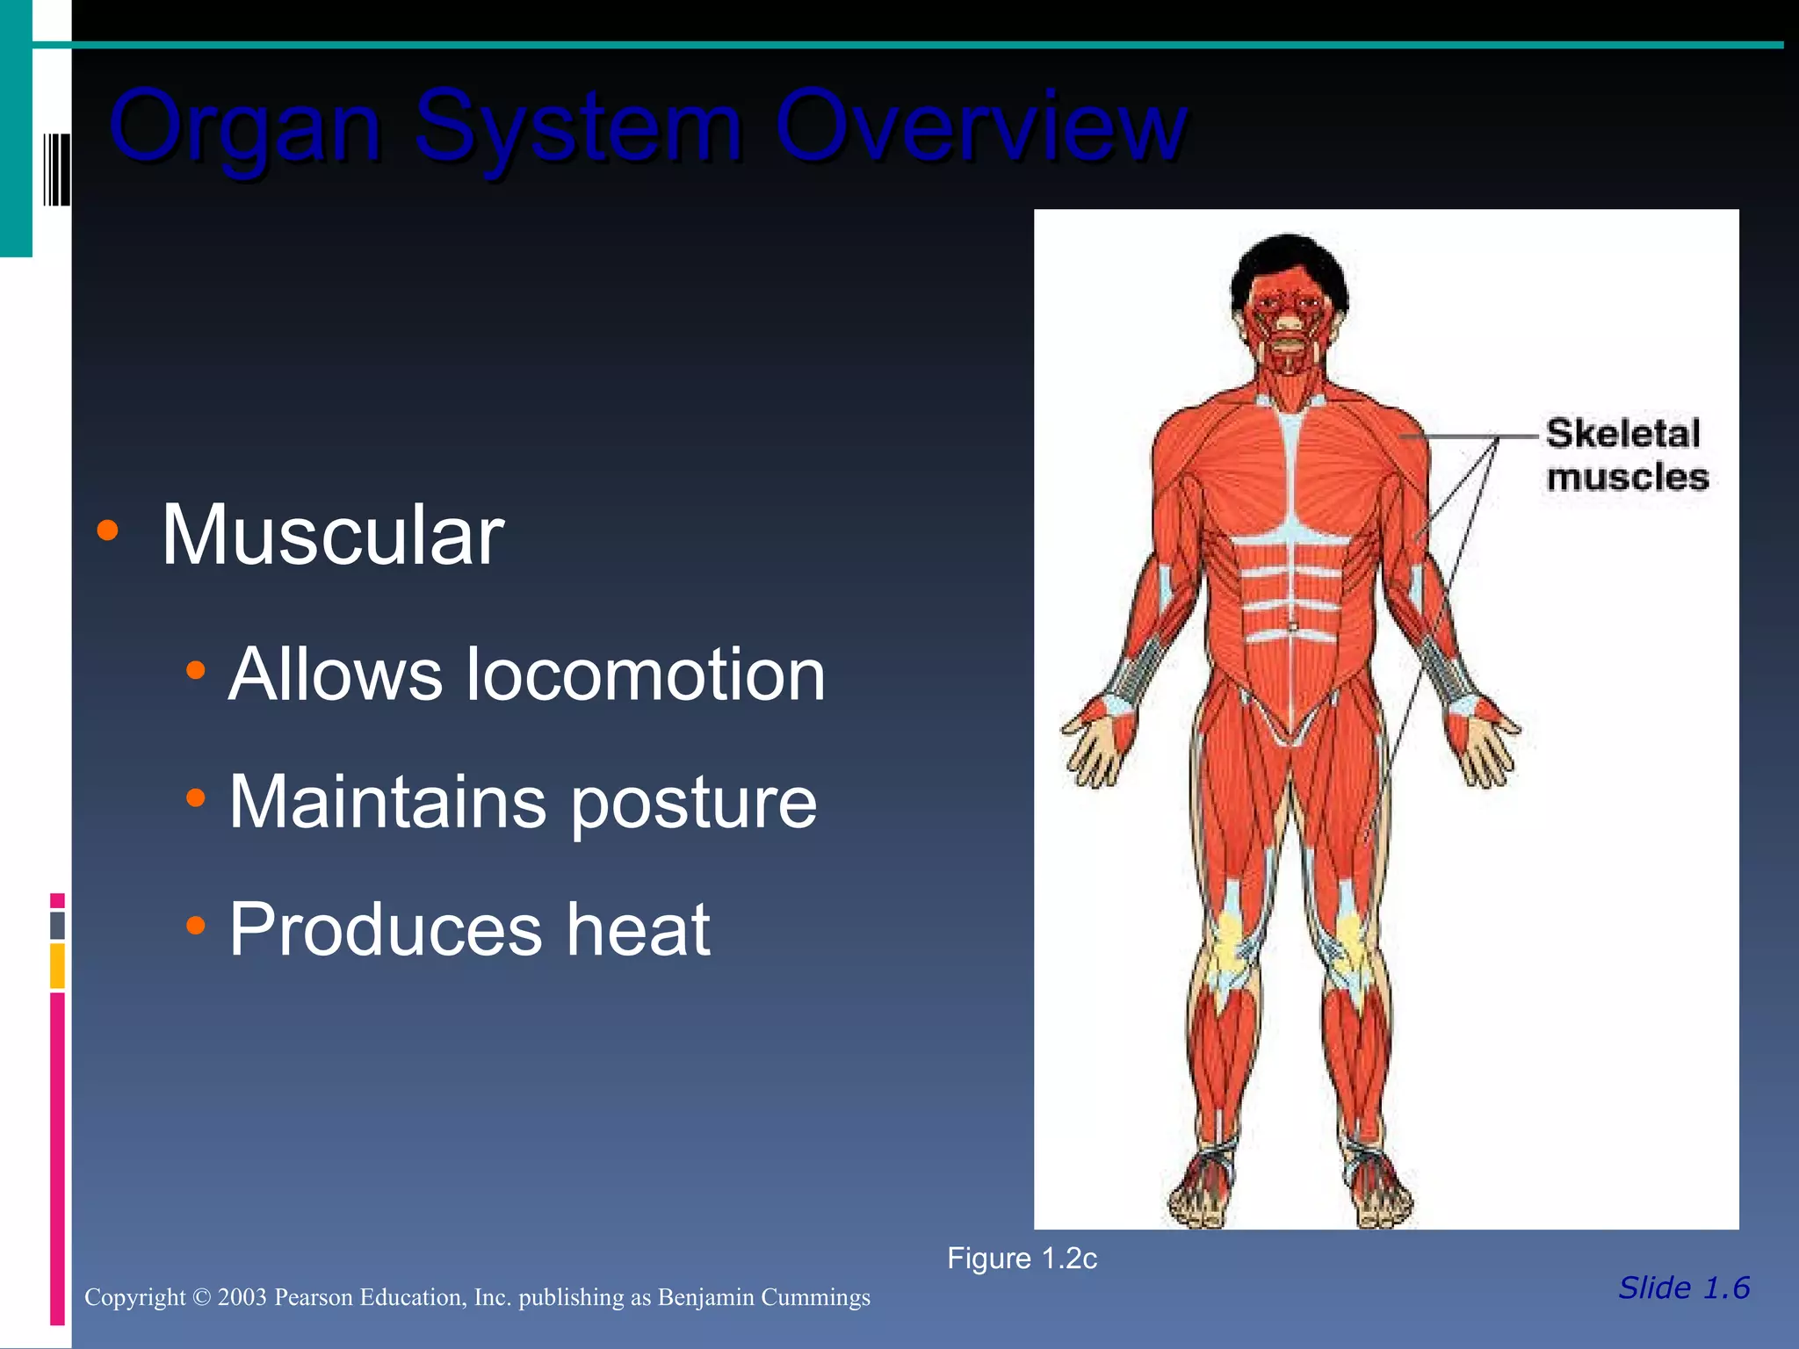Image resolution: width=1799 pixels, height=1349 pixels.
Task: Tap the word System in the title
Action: click(x=579, y=127)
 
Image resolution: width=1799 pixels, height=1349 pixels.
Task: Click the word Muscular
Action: click(x=332, y=535)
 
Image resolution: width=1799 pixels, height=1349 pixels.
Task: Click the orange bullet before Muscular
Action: click(x=107, y=530)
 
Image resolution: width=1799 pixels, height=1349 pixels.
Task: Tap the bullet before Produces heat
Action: click(x=195, y=925)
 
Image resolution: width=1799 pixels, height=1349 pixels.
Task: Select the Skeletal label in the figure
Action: click(x=1623, y=434)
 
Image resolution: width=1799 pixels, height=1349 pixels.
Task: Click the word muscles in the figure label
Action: click(x=1627, y=478)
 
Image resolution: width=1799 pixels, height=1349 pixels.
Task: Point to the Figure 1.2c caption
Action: click(x=1022, y=1259)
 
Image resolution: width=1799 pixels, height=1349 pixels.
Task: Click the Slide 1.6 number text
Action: click(x=1684, y=1288)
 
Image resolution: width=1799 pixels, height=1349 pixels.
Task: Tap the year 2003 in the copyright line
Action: click(x=242, y=1297)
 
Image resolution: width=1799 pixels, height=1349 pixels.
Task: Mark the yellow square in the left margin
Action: click(x=57, y=966)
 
